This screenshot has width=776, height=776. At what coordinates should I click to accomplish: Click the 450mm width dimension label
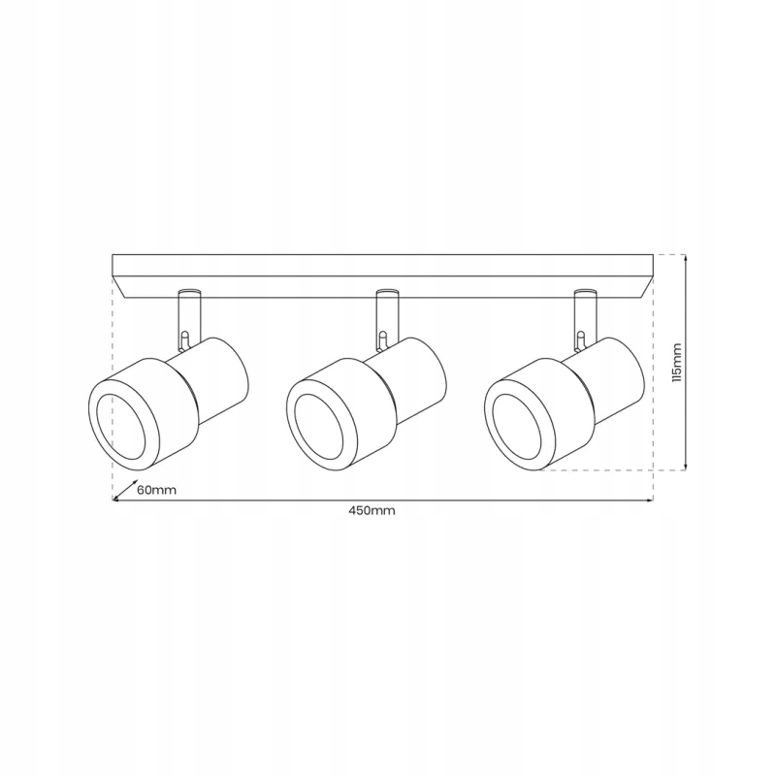pos(372,511)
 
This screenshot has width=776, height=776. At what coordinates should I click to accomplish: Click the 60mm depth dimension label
pos(156,490)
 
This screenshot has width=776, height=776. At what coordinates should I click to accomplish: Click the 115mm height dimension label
pos(676,362)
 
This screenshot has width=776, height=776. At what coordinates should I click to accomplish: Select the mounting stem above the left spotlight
pos(189,318)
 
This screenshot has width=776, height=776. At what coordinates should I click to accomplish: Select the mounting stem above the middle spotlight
pos(387,318)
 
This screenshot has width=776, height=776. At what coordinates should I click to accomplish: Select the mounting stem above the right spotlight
pos(586,318)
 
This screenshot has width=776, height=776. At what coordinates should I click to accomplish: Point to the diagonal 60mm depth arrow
pos(125,489)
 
